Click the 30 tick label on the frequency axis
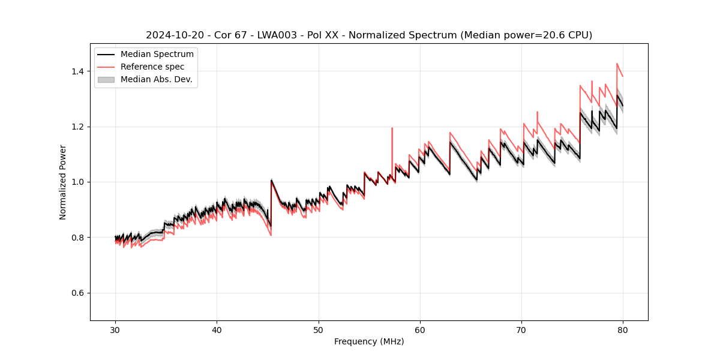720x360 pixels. tap(116, 329)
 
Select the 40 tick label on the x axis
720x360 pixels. tap(217, 329)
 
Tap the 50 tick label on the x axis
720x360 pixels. tap(319, 329)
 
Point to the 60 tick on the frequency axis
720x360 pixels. tap(420, 329)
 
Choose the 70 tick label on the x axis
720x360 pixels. tap(521, 329)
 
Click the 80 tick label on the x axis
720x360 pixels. tap(623, 329)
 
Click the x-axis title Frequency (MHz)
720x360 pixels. tap(369, 341)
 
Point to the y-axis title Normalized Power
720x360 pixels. tap(63, 182)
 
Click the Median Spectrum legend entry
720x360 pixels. tap(157, 55)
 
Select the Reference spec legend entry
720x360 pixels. tap(152, 67)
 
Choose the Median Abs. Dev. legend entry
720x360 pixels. tap(157, 79)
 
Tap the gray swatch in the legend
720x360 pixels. tap(106, 79)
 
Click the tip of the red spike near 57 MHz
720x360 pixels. tap(392, 128)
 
